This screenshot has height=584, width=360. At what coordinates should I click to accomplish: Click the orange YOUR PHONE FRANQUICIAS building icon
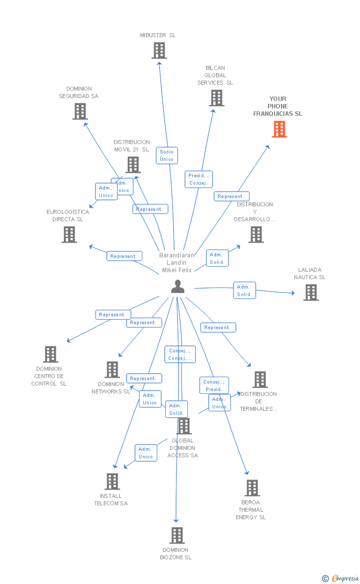pyautogui.click(x=279, y=129)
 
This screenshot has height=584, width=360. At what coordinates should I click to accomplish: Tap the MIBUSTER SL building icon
pyautogui.click(x=159, y=50)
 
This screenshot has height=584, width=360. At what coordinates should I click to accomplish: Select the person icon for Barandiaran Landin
pyautogui.click(x=178, y=287)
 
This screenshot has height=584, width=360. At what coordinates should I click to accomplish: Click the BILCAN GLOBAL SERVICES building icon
pyautogui.click(x=216, y=98)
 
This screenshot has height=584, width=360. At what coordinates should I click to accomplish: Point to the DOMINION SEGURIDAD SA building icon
pyautogui.click(x=80, y=111)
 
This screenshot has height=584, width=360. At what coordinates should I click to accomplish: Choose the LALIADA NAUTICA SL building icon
pyautogui.click(x=311, y=292)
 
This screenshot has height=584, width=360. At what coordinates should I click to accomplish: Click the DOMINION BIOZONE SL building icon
pyautogui.click(x=177, y=535)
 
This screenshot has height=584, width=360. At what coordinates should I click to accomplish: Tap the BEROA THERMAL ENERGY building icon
pyautogui.click(x=252, y=488)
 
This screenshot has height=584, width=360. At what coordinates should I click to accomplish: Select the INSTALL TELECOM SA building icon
pyautogui.click(x=112, y=482)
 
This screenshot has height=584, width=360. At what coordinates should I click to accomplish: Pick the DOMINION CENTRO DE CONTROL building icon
pyautogui.click(x=50, y=354)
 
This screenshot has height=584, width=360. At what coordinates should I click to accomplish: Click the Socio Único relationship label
pyautogui.click(x=167, y=155)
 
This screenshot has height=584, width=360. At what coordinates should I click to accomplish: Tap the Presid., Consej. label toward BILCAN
pyautogui.click(x=199, y=179)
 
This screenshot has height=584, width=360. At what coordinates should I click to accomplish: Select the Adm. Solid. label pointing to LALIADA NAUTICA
pyautogui.click(x=244, y=291)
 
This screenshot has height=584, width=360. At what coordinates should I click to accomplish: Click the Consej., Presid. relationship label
pyautogui.click(x=214, y=386)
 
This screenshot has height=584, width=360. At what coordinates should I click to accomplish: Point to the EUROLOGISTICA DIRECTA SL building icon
pyautogui.click(x=69, y=235)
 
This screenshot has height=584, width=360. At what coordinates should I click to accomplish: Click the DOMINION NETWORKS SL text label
pyautogui.click(x=111, y=388)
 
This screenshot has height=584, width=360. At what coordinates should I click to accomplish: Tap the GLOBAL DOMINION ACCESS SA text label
pyautogui.click(x=182, y=448)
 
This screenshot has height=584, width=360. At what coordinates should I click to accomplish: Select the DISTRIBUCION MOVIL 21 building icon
pyautogui.click(x=133, y=165)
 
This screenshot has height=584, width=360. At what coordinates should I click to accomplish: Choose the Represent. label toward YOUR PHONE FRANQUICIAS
pyautogui.click(x=231, y=196)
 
